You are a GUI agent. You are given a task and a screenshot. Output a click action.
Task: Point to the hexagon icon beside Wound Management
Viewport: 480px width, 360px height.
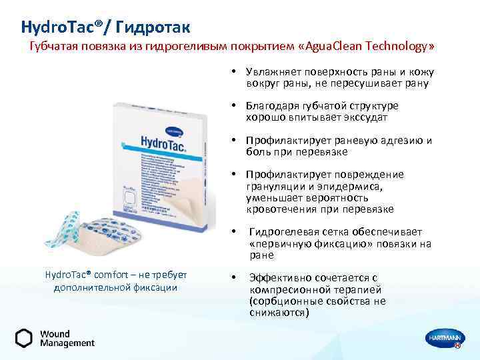tap(23, 338)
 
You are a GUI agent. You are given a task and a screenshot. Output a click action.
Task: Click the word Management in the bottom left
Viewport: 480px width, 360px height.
tap(67, 343)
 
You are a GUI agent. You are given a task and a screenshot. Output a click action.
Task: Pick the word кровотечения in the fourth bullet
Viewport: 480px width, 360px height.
tap(278, 209)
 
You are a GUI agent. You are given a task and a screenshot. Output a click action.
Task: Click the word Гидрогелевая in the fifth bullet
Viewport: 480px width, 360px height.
tap(285, 232)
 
